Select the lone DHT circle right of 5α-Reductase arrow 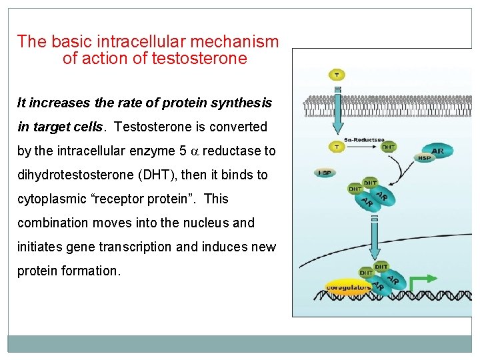[x=388, y=147]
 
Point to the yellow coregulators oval [x=347, y=287]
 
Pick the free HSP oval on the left [x=325, y=173]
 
